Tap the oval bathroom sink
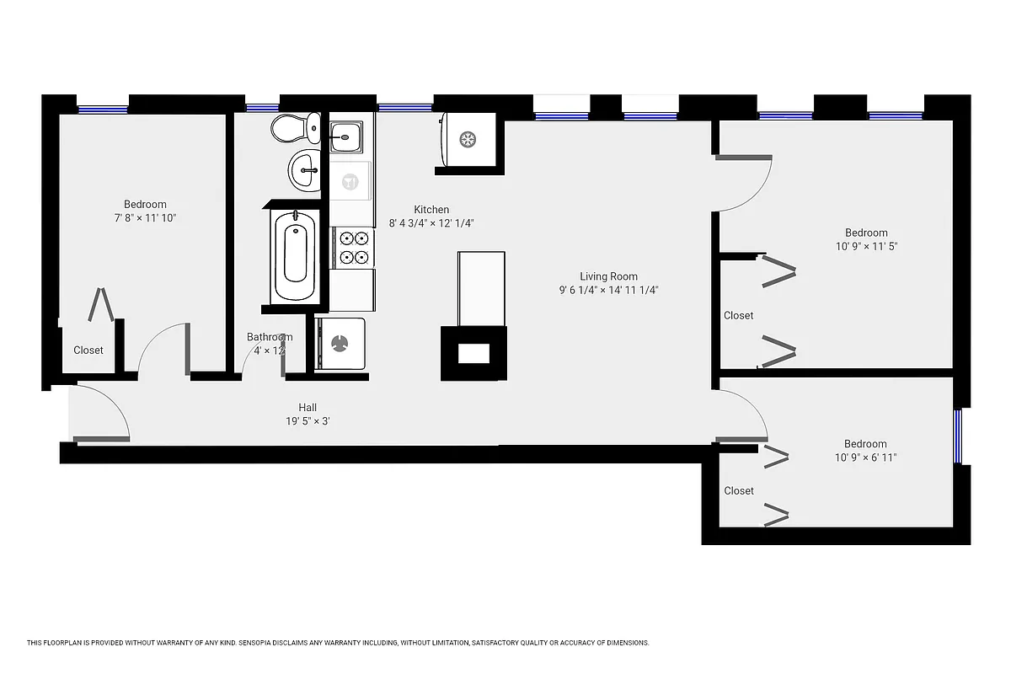(x=304, y=171)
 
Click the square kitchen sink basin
(x=346, y=135)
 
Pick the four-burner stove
(x=352, y=248)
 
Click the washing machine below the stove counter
(x=340, y=343)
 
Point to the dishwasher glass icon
(x=350, y=180)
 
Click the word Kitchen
(x=431, y=210)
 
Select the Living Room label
(x=608, y=276)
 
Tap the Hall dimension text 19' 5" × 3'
(x=308, y=421)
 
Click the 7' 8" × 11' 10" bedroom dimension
(x=145, y=218)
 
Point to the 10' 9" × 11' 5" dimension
(x=866, y=247)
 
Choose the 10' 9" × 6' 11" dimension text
(x=866, y=458)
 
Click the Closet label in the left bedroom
(x=88, y=350)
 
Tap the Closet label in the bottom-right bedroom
(x=738, y=490)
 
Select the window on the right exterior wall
(x=958, y=436)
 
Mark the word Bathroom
(x=269, y=337)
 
